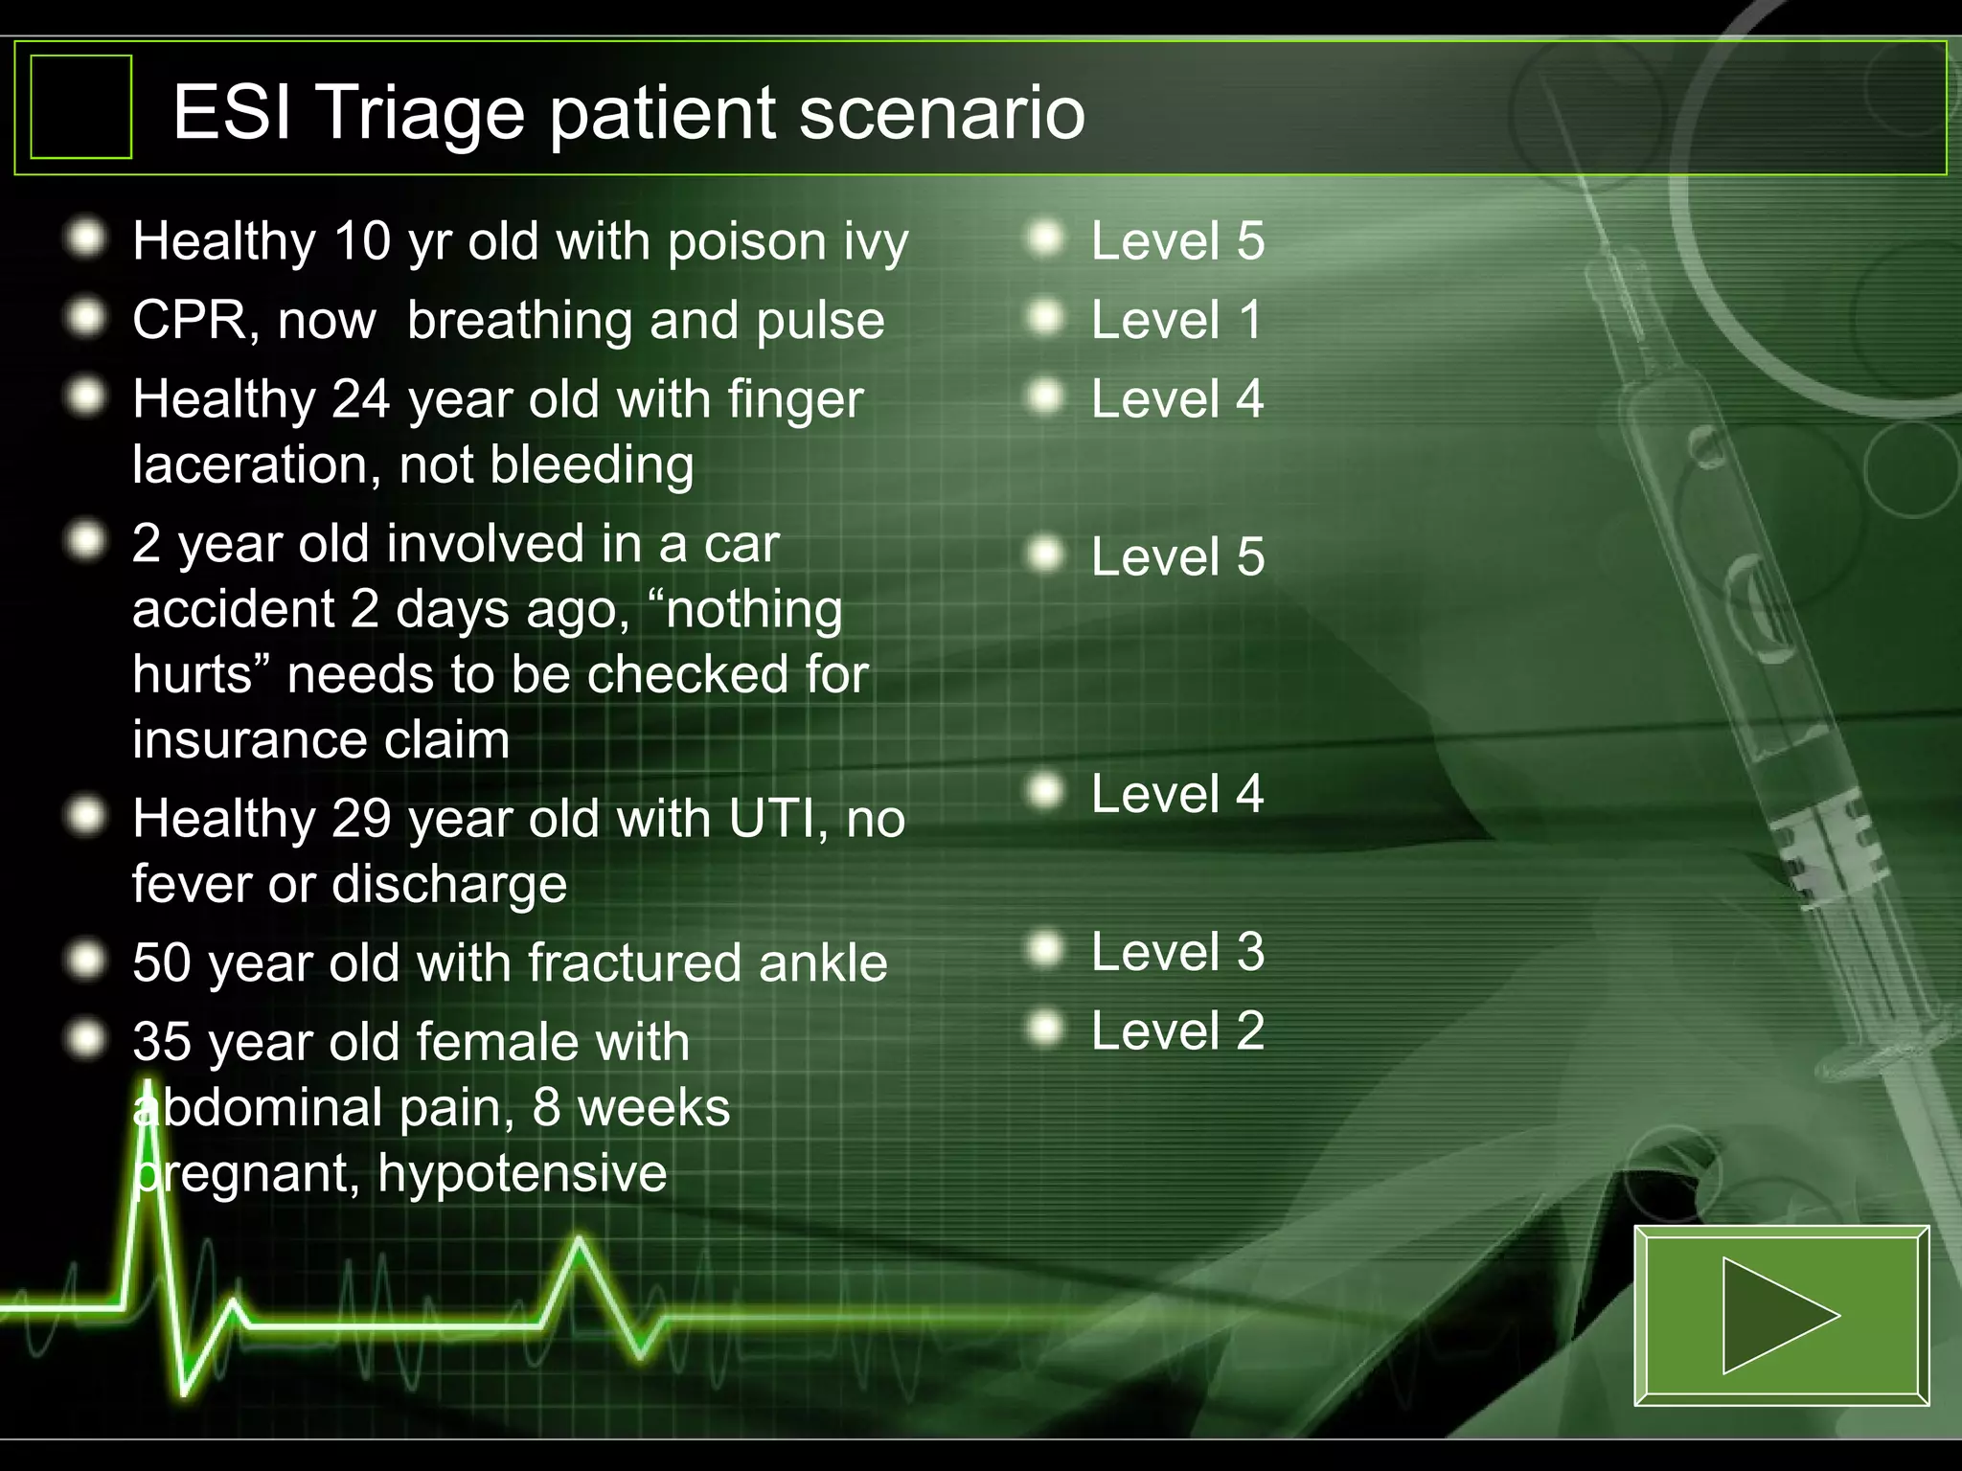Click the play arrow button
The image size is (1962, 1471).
1780,1315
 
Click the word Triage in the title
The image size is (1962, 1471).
420,113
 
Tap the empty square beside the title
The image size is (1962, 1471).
81,106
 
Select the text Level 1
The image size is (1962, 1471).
1176,320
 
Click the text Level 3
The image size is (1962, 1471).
1177,952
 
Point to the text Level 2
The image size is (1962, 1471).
1177,1031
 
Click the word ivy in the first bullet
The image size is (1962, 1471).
876,241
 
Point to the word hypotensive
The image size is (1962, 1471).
522,1174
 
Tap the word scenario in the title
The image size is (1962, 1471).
943,113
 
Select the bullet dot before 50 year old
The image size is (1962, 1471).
87,960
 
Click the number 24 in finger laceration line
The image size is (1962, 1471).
360,399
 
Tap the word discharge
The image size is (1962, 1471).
449,884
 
